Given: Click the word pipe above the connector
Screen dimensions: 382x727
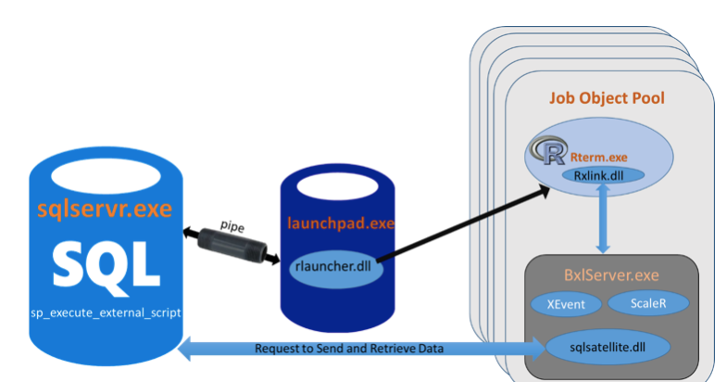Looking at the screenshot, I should [x=232, y=225].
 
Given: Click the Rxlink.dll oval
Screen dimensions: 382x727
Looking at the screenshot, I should [x=603, y=174].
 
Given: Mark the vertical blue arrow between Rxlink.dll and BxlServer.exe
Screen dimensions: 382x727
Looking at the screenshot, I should [x=603, y=217].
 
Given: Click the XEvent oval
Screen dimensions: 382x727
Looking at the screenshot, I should [x=562, y=304].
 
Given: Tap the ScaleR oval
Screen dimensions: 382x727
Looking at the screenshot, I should [x=649, y=304].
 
